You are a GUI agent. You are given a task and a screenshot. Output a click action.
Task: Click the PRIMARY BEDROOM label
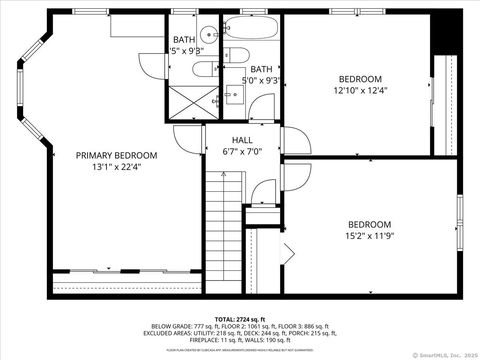point(116,156)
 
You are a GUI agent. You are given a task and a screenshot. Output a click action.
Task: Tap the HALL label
point(243,139)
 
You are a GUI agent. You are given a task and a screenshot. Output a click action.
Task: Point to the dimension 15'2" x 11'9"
point(370,237)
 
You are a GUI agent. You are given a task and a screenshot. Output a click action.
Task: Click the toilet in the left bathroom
point(204,68)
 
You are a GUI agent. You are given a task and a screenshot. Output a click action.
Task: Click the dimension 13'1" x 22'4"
point(116,168)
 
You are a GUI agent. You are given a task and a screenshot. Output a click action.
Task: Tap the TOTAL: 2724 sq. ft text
point(240,318)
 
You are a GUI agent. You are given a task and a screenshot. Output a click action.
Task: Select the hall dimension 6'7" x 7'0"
point(243,151)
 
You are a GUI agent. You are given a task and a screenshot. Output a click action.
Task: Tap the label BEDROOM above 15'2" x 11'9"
point(370,225)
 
